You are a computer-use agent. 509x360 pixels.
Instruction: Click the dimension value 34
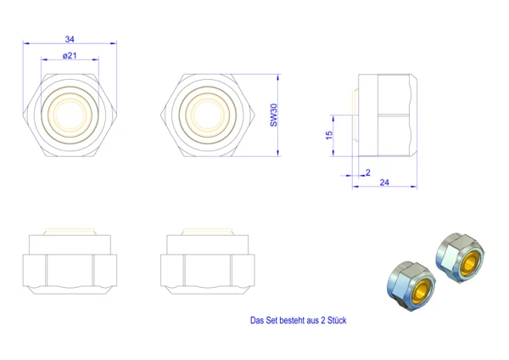pos(70,39)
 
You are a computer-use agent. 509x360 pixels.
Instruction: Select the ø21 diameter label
pos(70,56)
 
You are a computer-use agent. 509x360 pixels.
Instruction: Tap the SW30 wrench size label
pos(274,115)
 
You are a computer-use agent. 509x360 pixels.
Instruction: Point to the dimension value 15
pos(329,135)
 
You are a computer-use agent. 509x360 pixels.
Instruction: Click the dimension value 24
pos(384,183)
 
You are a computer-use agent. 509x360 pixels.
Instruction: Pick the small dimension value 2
pos(368,172)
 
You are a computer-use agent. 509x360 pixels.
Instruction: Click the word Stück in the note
pos(337,320)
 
